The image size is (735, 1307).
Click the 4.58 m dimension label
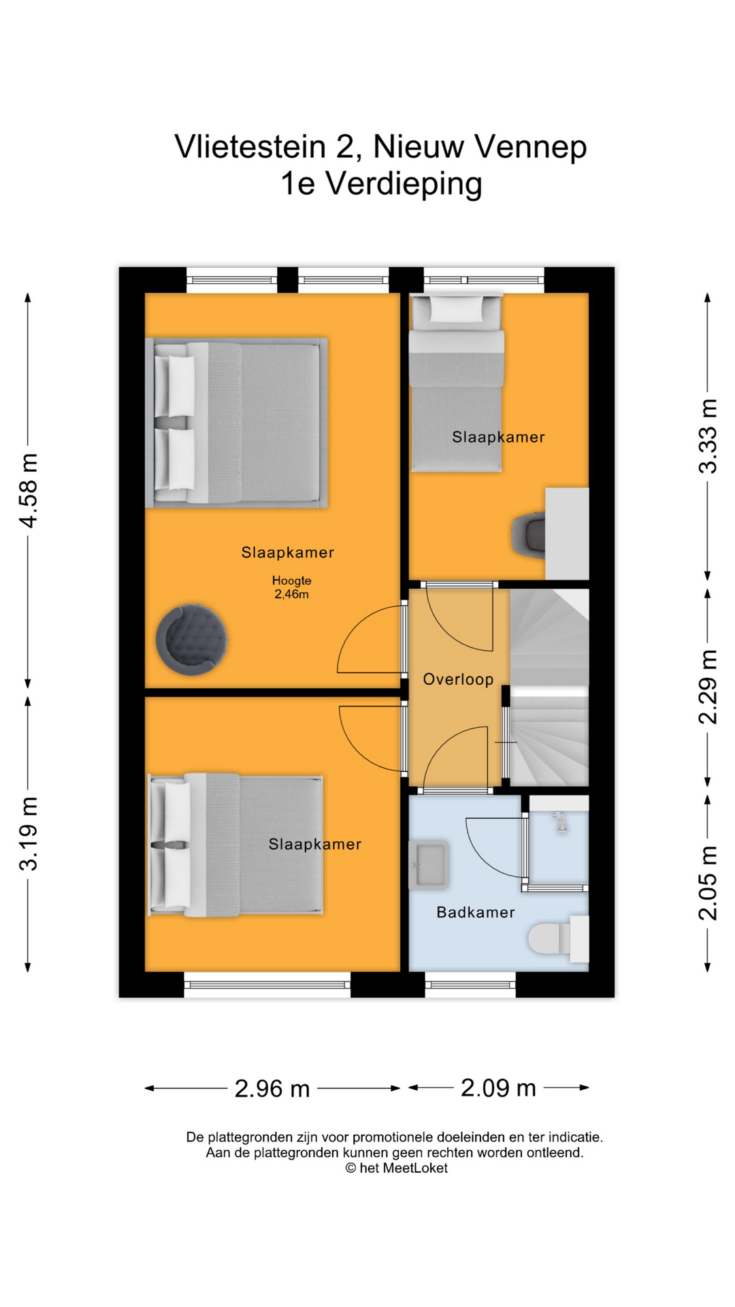[29, 490]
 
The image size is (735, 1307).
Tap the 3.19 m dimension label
[29, 833]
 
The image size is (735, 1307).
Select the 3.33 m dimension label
[708, 436]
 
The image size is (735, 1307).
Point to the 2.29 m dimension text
[708, 687]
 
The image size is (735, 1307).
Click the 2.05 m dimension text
[708, 883]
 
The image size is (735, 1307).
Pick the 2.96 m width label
[272, 1088]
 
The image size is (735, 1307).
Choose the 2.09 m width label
[498, 1088]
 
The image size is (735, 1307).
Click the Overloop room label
[458, 679]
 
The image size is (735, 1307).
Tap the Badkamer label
[476, 912]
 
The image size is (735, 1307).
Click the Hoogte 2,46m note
[291, 587]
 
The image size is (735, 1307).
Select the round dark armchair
[191, 639]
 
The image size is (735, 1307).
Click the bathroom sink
[428, 865]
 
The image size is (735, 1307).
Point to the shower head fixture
[561, 822]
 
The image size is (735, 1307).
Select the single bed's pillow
[455, 309]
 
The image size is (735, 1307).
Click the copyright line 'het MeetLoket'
[396, 1168]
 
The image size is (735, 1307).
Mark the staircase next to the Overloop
[549, 688]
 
